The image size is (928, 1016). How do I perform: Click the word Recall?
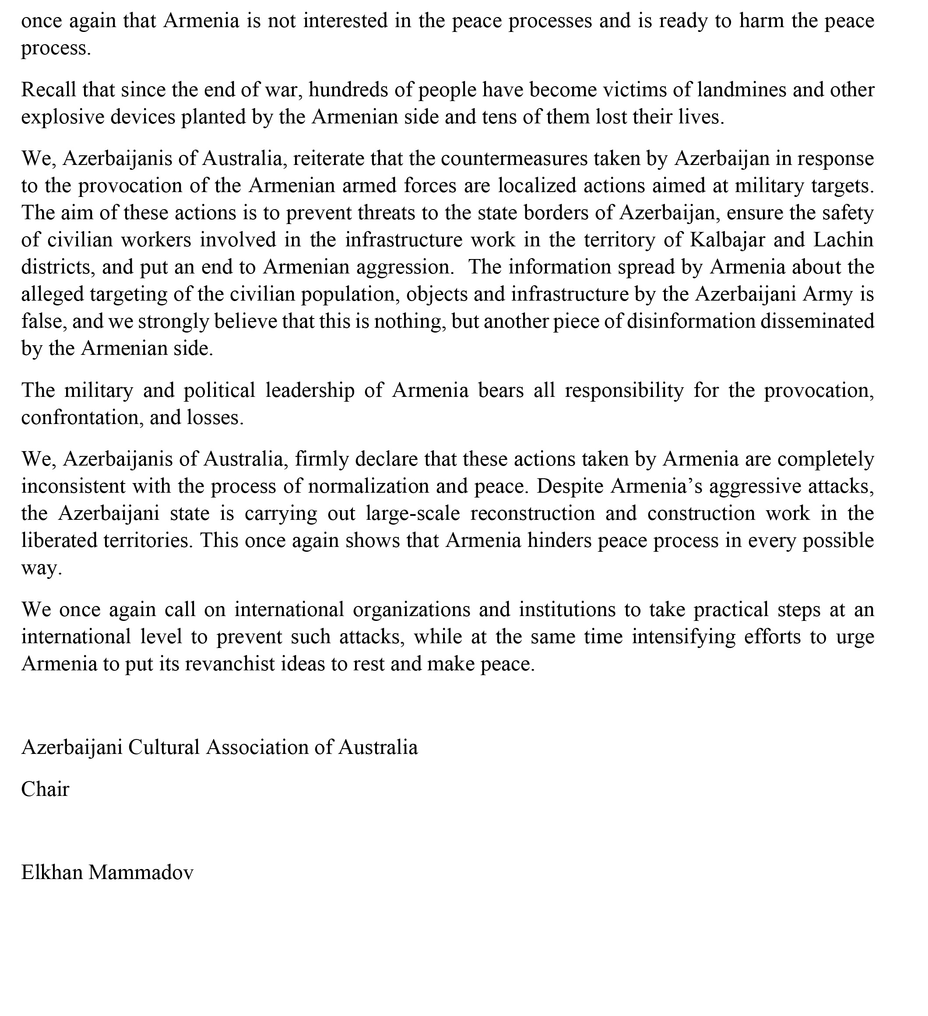(49, 90)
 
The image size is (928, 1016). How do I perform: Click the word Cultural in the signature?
(164, 747)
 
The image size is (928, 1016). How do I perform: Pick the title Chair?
(45, 789)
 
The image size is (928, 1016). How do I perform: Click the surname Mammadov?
(141, 872)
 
